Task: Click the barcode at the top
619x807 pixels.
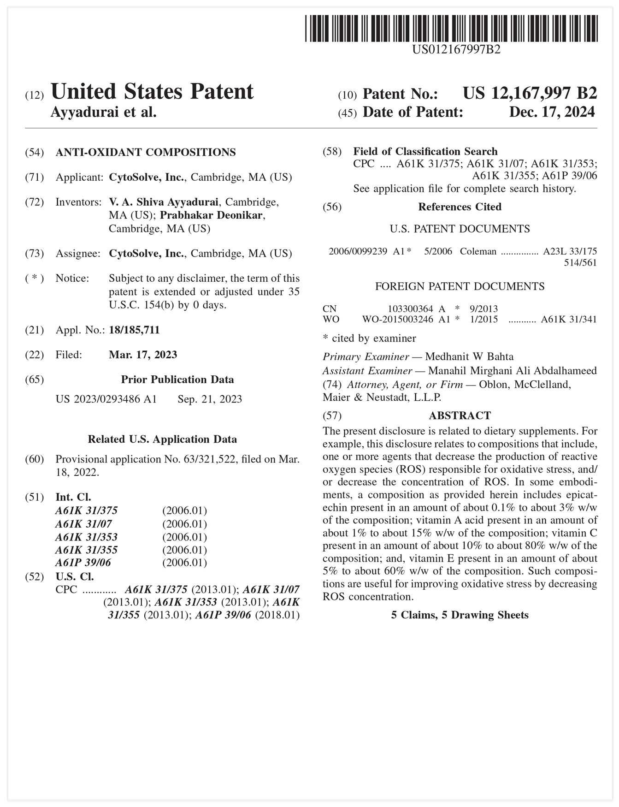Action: pyautogui.click(x=451, y=29)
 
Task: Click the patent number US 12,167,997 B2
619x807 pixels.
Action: pyautogui.click(x=530, y=94)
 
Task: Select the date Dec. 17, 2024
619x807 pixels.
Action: pyautogui.click(x=552, y=112)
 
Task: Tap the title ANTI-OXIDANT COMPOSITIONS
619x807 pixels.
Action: pyautogui.click(x=146, y=152)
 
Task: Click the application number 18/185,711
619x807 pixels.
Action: pyautogui.click(x=134, y=330)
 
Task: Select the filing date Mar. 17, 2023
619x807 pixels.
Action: pyautogui.click(x=143, y=355)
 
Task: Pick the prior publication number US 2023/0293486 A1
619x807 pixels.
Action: pyautogui.click(x=106, y=399)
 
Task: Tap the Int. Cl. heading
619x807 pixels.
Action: pyautogui.click(x=73, y=497)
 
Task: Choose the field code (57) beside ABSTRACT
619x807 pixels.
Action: pyautogui.click(x=332, y=415)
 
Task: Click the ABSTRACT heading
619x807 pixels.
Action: pyautogui.click(x=460, y=415)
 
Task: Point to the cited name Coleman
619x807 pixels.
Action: pyautogui.click(x=478, y=251)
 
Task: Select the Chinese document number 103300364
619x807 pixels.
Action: pyautogui.click(x=410, y=309)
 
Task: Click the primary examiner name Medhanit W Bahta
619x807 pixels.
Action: pyautogui.click(x=469, y=356)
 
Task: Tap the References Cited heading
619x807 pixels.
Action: pyautogui.click(x=460, y=207)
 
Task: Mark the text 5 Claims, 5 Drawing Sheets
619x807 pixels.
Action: pyautogui.click(x=460, y=615)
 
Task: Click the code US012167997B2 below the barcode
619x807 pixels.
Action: pyautogui.click(x=456, y=49)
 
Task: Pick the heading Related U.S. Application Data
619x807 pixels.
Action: pyautogui.click(x=162, y=439)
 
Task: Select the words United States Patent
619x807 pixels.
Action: pyautogui.click(x=152, y=92)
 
